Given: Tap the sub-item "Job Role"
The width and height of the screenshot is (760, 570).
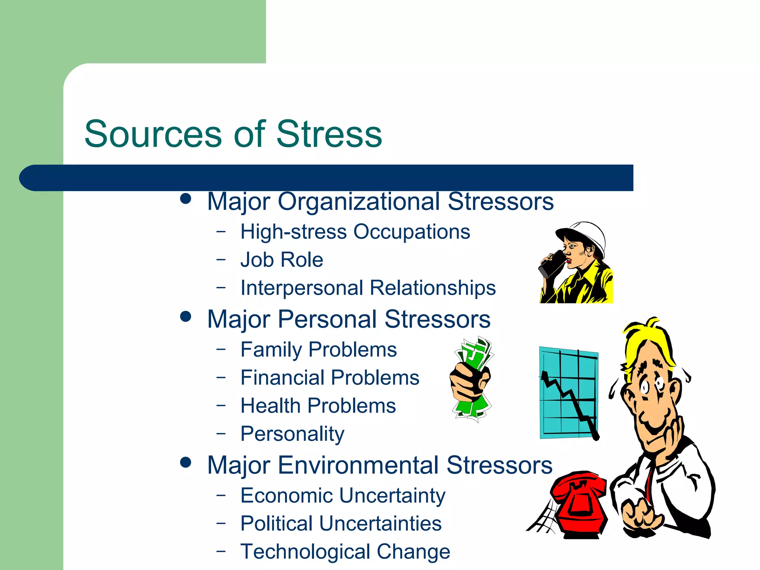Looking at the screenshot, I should point(282,259).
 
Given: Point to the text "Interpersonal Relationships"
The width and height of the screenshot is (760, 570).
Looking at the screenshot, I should point(368,288).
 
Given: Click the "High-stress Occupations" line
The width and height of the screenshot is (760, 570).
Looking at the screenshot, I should point(355,232).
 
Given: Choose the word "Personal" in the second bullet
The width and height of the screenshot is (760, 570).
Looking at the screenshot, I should point(327,319).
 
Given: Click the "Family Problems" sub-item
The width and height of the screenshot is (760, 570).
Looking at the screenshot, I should point(318,349).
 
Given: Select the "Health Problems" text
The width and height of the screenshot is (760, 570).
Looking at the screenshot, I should point(318,405).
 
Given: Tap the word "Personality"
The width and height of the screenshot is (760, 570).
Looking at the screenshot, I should point(292,433).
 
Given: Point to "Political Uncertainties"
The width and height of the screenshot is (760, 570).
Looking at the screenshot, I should point(341,523).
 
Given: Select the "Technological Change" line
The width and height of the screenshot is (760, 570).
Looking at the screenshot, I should point(345,551).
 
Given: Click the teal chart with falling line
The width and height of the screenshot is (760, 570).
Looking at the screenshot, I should point(569,393).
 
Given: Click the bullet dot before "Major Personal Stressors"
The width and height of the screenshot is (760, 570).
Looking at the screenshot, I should point(185,317).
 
